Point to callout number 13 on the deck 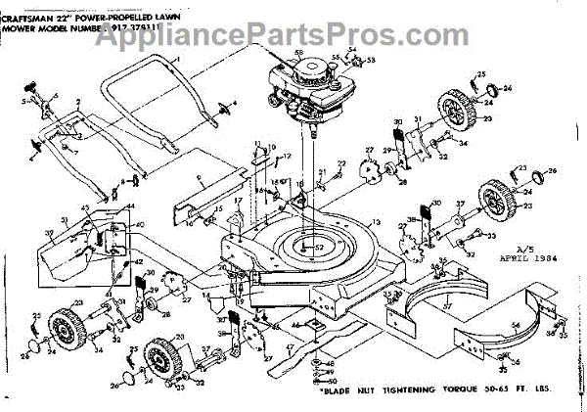coord(372,224)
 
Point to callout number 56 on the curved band coord(515,324)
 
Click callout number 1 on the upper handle coord(179,61)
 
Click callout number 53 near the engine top coord(371,61)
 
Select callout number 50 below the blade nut coord(333,382)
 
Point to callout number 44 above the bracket coord(128,206)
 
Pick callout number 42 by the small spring coord(138,261)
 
